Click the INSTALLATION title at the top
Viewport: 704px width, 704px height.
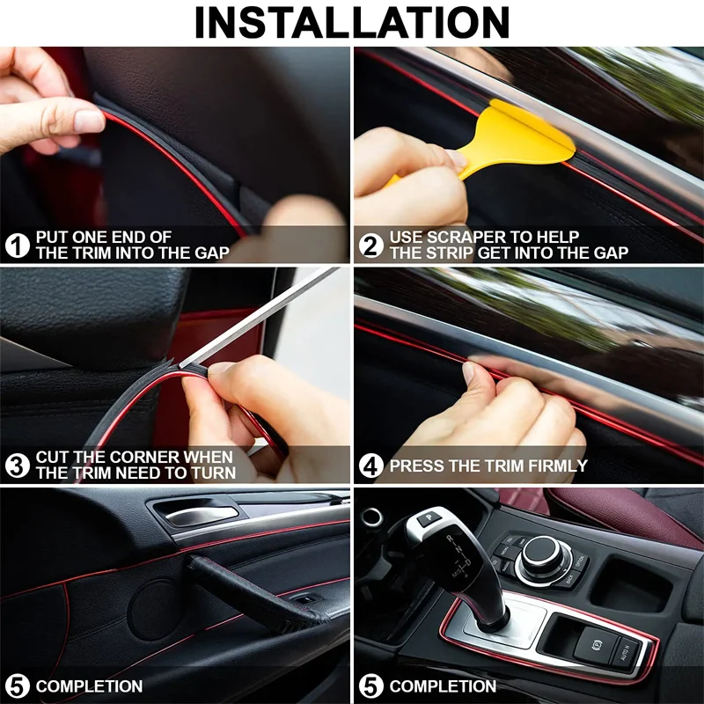click(x=352, y=23)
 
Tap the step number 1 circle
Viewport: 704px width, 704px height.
click(x=18, y=245)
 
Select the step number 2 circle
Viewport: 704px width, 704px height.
click(x=371, y=245)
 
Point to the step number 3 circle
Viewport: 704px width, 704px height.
click(x=18, y=465)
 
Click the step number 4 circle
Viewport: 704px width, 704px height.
click(x=371, y=466)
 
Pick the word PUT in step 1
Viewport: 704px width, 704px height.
click(x=51, y=237)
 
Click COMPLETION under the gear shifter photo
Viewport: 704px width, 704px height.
click(x=443, y=686)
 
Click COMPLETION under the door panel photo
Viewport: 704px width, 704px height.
click(x=89, y=686)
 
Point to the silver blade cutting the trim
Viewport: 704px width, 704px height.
click(x=264, y=317)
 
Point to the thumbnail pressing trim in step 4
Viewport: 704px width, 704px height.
click(x=469, y=372)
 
